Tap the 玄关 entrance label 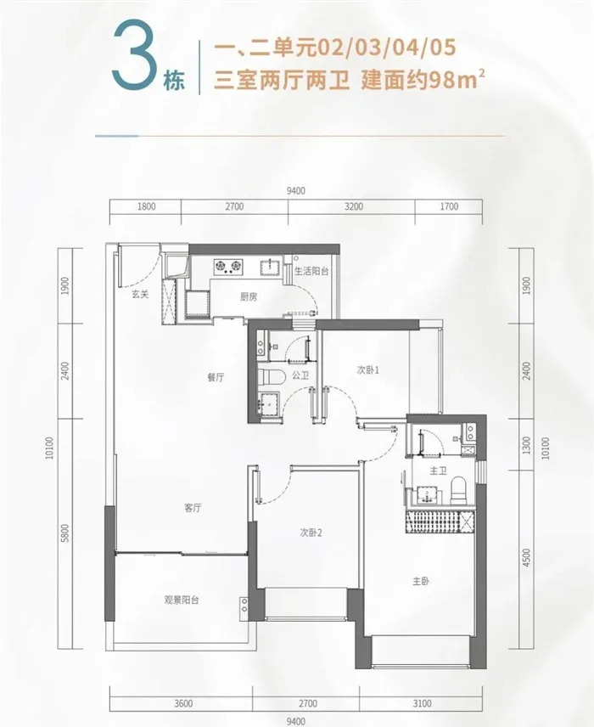pyautogui.click(x=140, y=295)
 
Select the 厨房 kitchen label pyautogui.click(x=249, y=297)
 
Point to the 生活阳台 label pyautogui.click(x=311, y=271)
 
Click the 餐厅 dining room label pyautogui.click(x=216, y=377)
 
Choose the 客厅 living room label pyautogui.click(x=193, y=508)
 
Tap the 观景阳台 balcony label pyautogui.click(x=182, y=600)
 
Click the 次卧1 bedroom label pyautogui.click(x=368, y=370)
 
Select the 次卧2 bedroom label pyautogui.click(x=311, y=533)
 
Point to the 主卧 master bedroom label pyautogui.click(x=421, y=581)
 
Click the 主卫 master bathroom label pyautogui.click(x=439, y=471)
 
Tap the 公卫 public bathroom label pyautogui.click(x=300, y=375)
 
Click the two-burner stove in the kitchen pyautogui.click(x=228, y=266)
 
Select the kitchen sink pyautogui.click(x=270, y=267)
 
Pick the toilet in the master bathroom pyautogui.click(x=459, y=490)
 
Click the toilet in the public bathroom pyautogui.click(x=271, y=377)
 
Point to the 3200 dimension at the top pyautogui.click(x=354, y=206)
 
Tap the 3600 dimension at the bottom pyautogui.click(x=183, y=703)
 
